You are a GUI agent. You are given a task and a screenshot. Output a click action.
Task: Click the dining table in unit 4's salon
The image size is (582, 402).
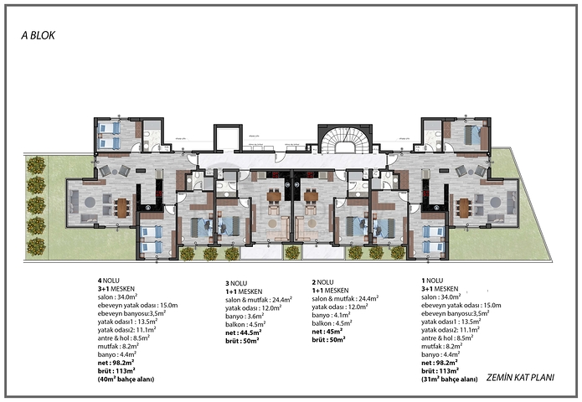(123, 206)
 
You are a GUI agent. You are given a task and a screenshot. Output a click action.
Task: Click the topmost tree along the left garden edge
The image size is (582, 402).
(36, 164)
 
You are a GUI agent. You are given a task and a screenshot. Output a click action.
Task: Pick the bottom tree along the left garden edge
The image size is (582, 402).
(36, 245)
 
